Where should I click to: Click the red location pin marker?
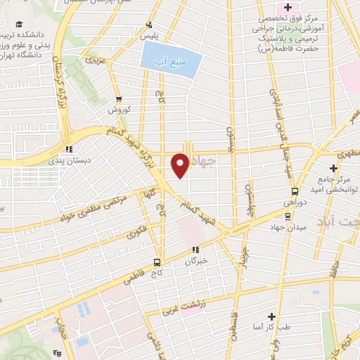pyautogui.click(x=180, y=165)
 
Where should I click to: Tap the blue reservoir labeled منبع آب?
pyautogui.click(x=171, y=60)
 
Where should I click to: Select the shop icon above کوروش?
pyautogui.click(x=119, y=99)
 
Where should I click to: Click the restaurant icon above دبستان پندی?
pyautogui.click(x=68, y=149)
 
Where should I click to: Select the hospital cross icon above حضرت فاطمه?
pyautogui.click(x=297, y=6)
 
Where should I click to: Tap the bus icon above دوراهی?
pyautogui.click(x=294, y=191)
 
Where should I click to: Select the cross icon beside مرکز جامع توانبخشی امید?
pyautogui.click(x=333, y=168)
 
